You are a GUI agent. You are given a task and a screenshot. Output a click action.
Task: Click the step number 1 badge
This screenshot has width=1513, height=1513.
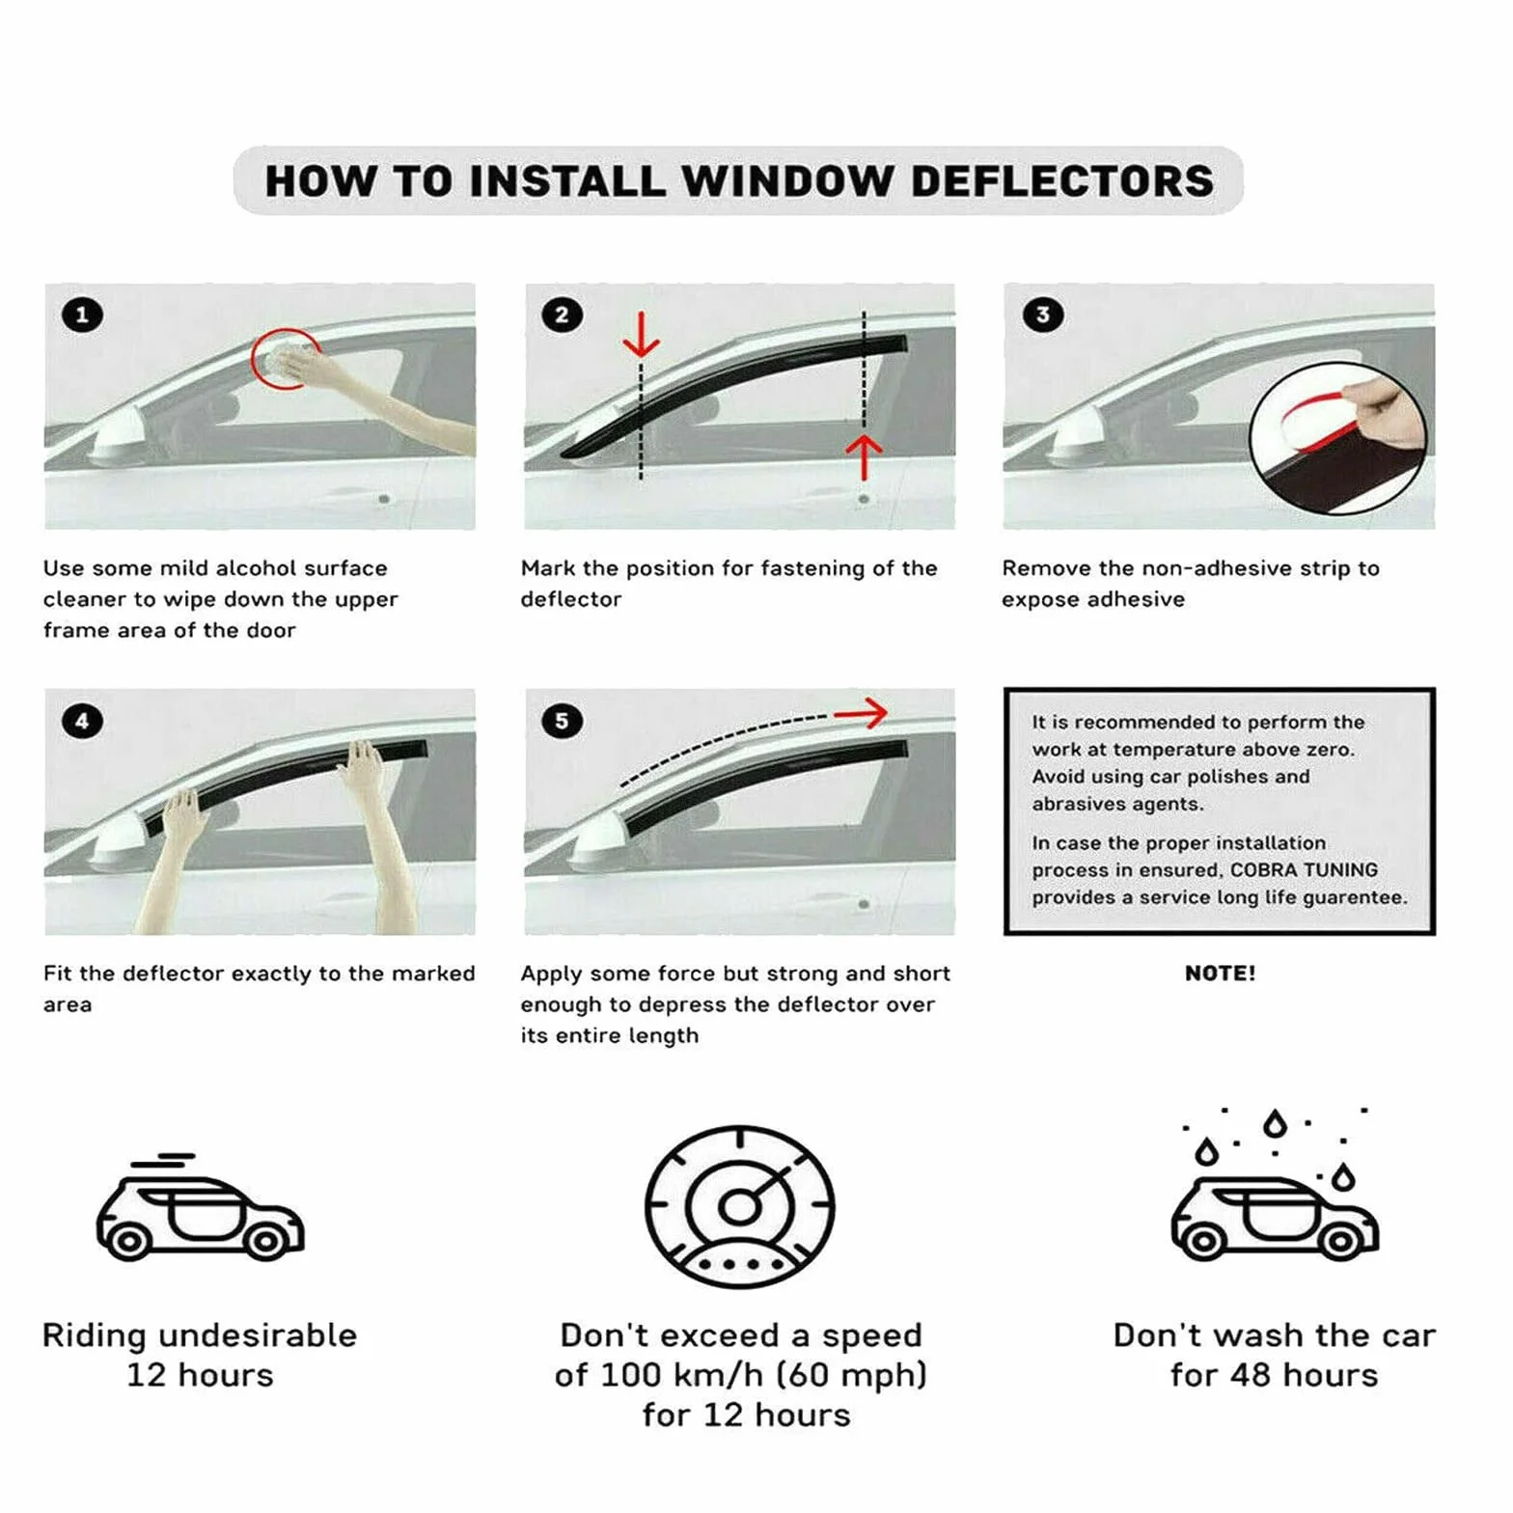point(82,315)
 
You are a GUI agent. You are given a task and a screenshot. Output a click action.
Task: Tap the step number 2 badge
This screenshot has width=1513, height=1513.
point(562,315)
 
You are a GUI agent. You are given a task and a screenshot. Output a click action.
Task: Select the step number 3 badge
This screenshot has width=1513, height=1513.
point(1043,315)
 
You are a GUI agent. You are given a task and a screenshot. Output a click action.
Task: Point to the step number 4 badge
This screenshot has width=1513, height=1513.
point(82,721)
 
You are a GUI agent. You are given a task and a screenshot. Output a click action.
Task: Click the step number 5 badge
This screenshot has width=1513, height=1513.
point(562,721)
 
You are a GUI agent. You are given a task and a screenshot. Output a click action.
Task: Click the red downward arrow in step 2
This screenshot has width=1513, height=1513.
point(641,335)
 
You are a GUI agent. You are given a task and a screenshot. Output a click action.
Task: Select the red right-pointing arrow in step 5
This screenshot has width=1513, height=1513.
point(861,714)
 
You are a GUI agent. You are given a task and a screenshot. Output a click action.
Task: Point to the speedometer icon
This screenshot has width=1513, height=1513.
point(740,1206)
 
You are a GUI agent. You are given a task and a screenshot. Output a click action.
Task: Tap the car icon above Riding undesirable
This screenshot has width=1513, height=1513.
point(200,1206)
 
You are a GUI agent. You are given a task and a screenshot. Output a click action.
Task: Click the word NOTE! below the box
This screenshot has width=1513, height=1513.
point(1220,974)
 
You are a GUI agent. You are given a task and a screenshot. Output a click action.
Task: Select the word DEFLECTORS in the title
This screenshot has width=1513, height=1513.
point(1062,181)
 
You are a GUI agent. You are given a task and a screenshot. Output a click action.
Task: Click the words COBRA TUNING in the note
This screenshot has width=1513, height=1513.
point(1304,870)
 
